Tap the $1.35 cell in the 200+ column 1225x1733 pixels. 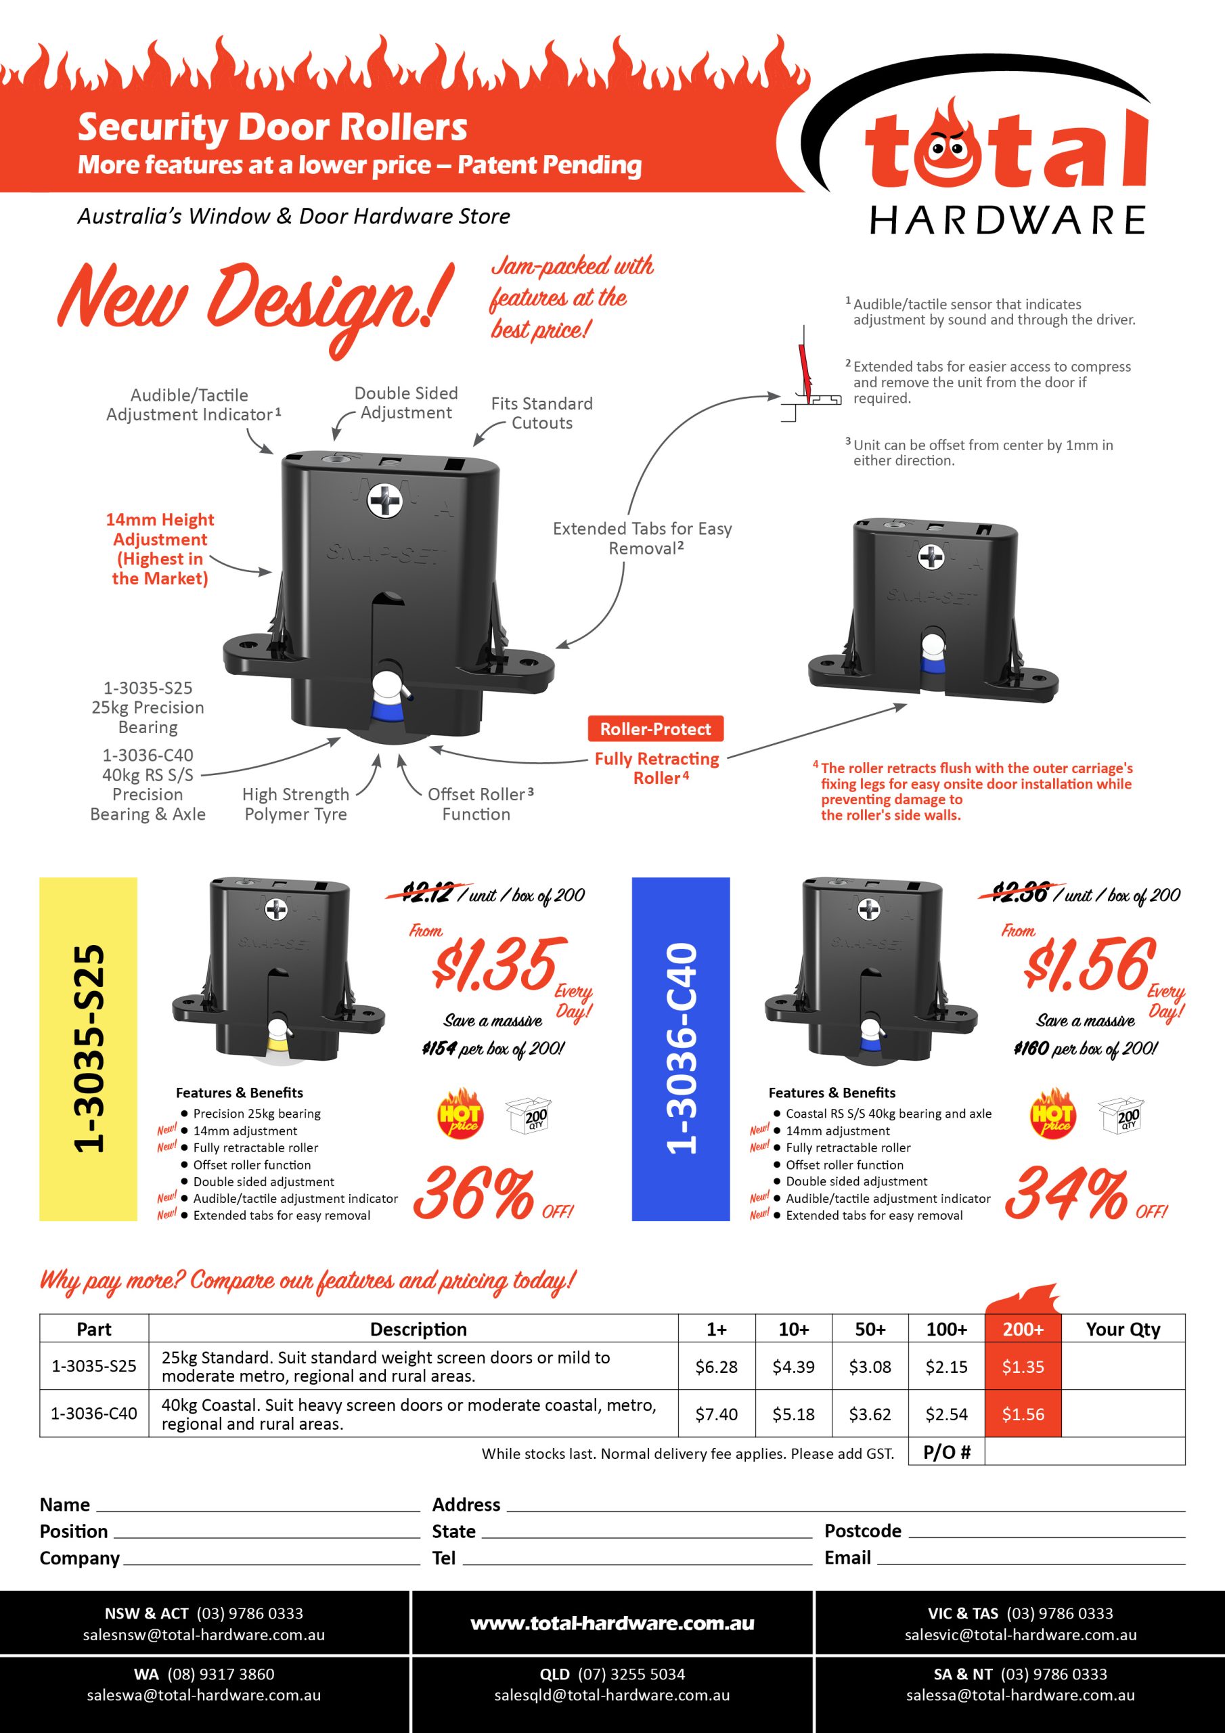(1023, 1367)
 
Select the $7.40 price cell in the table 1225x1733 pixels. (716, 1414)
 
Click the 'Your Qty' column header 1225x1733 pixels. (1122, 1329)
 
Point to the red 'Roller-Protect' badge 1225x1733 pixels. (655, 729)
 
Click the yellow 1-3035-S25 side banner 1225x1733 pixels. (88, 1049)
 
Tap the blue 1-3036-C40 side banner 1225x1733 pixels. (681, 1049)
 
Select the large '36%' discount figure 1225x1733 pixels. (474, 1193)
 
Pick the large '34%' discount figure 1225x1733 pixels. (1067, 1193)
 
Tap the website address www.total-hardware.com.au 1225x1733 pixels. (612, 1623)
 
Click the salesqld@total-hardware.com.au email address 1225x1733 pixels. (612, 1695)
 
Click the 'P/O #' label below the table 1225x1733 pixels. (946, 1452)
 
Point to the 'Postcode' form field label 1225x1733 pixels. (863, 1531)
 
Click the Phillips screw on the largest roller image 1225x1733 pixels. (385, 501)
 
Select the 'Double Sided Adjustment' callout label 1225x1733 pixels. (406, 403)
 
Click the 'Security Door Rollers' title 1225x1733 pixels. (273, 127)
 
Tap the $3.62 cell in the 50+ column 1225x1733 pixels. (870, 1414)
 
